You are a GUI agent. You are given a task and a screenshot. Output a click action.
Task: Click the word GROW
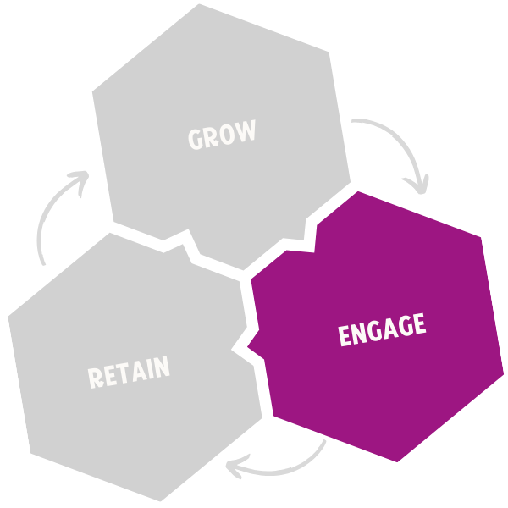(x=222, y=136)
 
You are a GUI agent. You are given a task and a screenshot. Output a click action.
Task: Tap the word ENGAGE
(x=381, y=329)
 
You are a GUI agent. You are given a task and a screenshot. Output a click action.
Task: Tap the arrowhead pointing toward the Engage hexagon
(x=417, y=184)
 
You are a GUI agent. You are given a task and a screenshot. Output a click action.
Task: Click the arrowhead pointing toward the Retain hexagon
(x=242, y=465)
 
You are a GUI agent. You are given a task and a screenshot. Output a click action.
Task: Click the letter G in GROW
(x=196, y=140)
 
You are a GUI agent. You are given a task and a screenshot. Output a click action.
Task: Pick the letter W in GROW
(x=246, y=133)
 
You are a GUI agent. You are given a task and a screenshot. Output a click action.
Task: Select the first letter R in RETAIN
(x=96, y=377)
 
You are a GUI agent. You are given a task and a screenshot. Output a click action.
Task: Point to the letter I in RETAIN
(x=150, y=369)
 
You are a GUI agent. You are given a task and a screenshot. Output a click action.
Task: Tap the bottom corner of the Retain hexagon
(x=161, y=500)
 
